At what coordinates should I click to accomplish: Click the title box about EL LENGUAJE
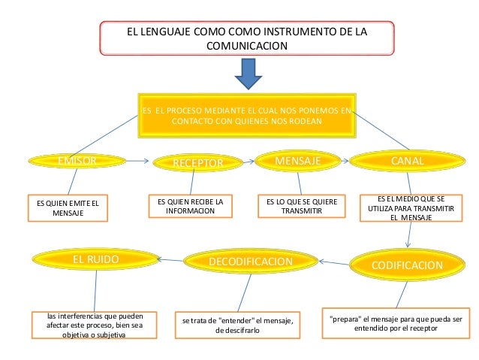click(x=246, y=39)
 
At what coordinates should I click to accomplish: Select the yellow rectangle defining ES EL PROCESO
click(x=246, y=115)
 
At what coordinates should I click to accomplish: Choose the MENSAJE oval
click(x=298, y=161)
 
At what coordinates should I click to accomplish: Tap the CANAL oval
click(x=406, y=161)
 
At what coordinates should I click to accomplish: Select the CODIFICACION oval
click(x=406, y=265)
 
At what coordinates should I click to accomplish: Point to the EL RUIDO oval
click(x=95, y=259)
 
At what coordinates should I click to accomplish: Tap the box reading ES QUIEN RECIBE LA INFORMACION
click(x=191, y=207)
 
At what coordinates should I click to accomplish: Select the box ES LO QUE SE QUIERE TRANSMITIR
click(x=301, y=207)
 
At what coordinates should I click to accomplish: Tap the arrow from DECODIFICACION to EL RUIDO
click(x=174, y=260)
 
